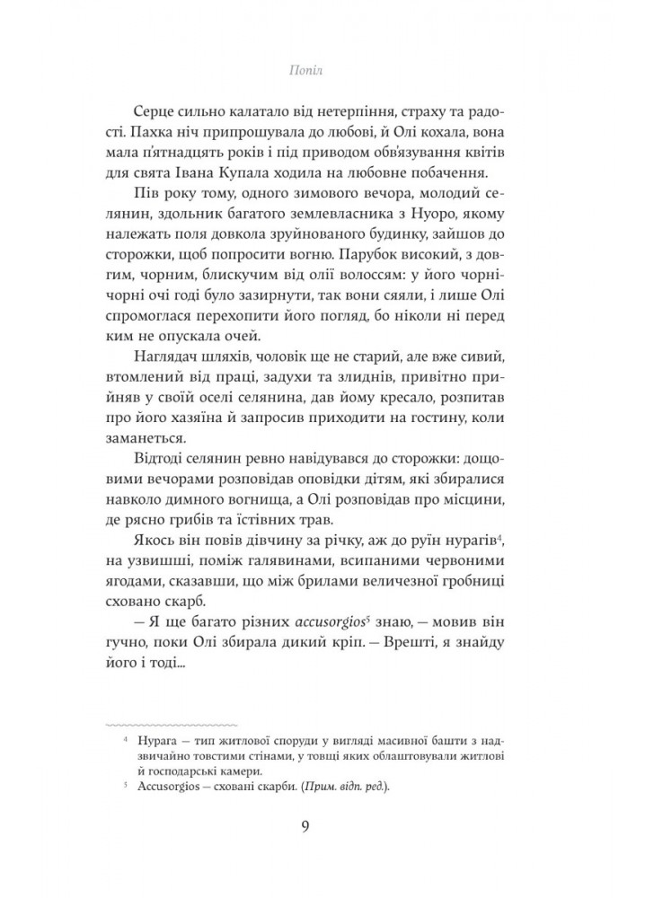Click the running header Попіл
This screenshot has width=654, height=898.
(x=326, y=67)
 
